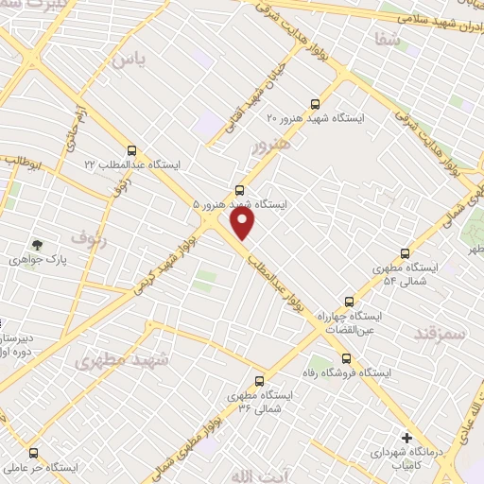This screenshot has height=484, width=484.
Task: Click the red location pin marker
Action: (243, 223)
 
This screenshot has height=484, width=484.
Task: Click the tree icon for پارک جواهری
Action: (38, 246)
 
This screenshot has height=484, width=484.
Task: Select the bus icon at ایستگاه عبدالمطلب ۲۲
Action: (131, 150)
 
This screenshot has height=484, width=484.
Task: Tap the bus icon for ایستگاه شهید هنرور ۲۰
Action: (315, 105)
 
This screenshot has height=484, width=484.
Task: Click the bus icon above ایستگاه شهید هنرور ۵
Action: (239, 190)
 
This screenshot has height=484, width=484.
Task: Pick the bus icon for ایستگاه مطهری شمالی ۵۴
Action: (406, 253)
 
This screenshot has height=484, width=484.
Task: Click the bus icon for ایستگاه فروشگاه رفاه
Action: (346, 358)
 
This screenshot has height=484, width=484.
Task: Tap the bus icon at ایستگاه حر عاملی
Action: (34, 454)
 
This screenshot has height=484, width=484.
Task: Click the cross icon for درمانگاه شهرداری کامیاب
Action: (406, 438)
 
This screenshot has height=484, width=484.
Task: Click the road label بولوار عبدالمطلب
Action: (284, 285)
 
